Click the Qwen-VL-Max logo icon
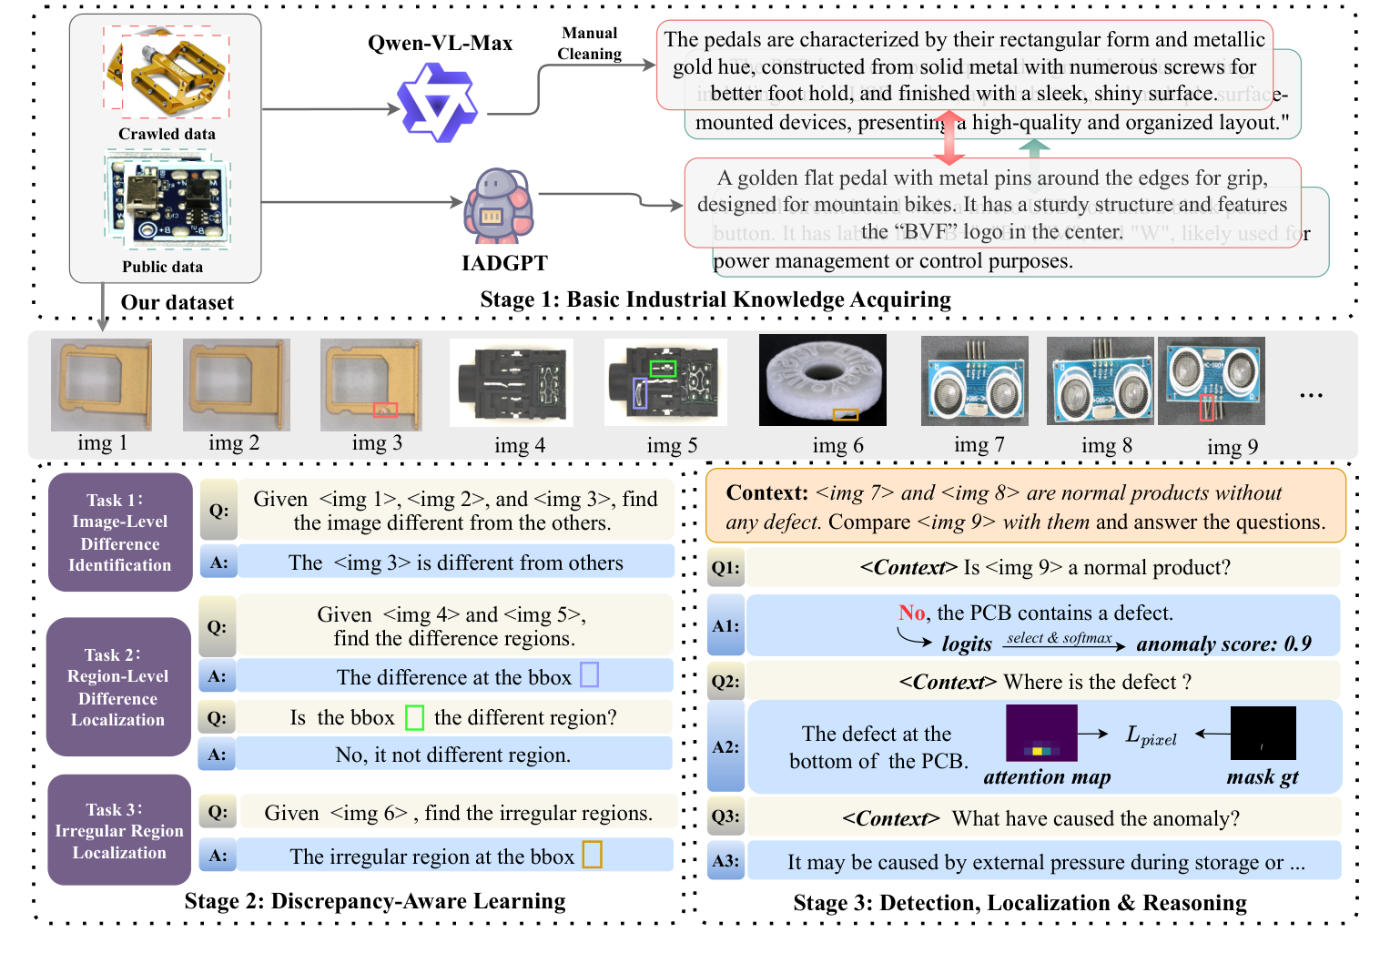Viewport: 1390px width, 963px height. point(438,107)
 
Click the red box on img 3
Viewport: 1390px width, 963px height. point(385,410)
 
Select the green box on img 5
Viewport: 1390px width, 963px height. point(663,369)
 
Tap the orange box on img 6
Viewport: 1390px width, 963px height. point(846,415)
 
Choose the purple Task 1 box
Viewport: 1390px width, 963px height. point(120,532)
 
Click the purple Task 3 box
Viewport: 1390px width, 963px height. point(119,830)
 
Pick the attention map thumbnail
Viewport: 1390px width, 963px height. point(1041,734)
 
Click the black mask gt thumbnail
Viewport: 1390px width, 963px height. point(1263,733)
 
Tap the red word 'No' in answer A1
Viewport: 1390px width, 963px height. point(911,613)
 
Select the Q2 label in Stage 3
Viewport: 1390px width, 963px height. point(725,682)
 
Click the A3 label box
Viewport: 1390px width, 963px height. point(725,861)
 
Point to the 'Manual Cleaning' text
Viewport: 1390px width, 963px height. point(590,44)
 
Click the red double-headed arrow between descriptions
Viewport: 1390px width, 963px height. point(949,137)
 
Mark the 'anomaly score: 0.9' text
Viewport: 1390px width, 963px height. point(1223,644)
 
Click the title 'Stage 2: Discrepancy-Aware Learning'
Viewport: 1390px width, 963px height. point(375,901)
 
